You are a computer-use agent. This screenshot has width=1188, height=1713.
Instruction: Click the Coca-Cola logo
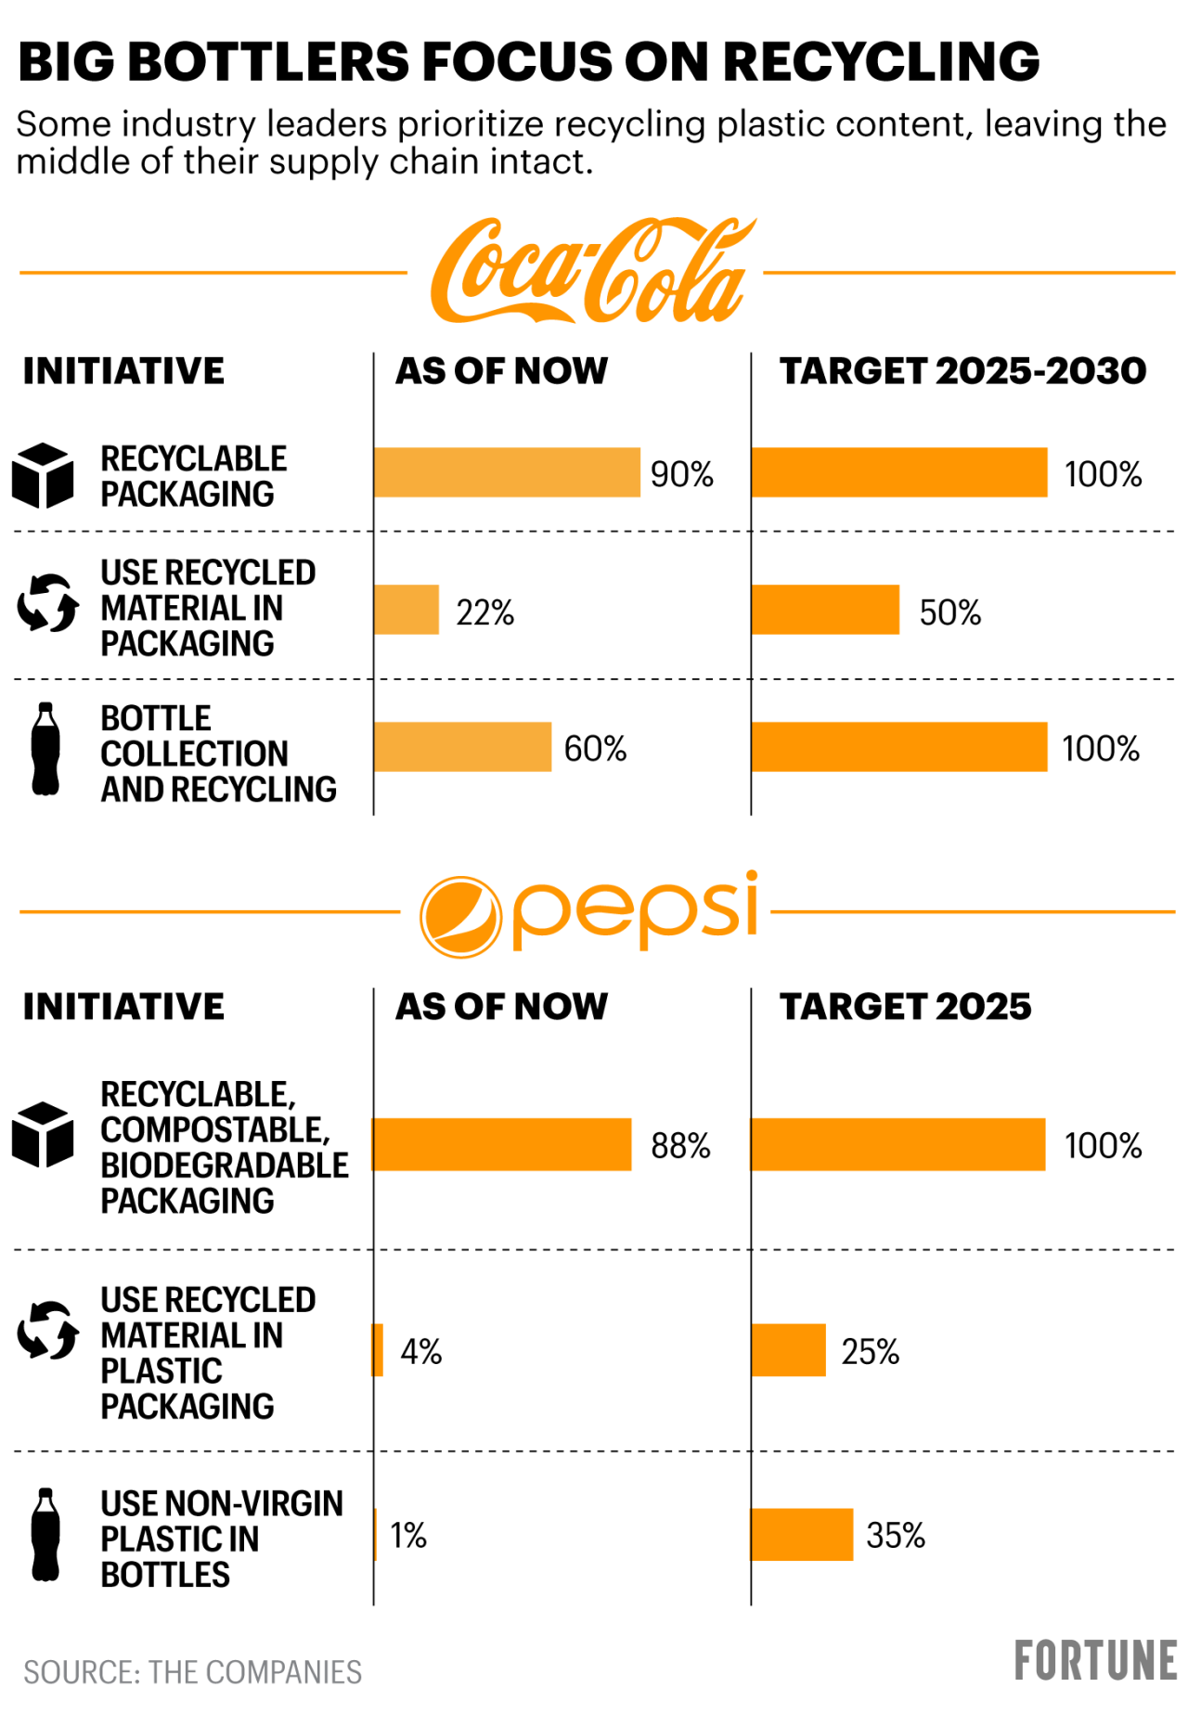pos(590,271)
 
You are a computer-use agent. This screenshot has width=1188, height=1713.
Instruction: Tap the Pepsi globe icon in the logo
pos(460,917)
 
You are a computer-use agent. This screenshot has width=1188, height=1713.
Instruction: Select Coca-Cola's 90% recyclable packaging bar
pos(507,472)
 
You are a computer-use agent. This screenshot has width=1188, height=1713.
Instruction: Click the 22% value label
pos(484,612)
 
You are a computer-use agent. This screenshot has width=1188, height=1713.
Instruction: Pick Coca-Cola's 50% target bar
pos(825,610)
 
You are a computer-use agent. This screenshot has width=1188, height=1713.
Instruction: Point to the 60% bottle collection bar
pos(462,747)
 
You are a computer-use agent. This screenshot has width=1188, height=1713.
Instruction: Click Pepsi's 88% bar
pos(502,1144)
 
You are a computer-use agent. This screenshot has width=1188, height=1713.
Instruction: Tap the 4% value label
pos(420,1352)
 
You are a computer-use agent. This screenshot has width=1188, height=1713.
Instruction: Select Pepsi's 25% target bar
pos(788,1350)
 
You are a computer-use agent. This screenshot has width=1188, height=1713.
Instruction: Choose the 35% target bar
pos(802,1535)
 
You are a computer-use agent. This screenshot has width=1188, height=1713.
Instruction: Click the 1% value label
pos(408,1536)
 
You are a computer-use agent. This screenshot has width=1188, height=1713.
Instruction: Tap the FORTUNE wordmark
pos(1095,1661)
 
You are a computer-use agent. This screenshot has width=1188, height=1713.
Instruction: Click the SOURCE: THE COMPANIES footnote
pos(192,1672)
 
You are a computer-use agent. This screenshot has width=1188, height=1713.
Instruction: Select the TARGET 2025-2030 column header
pos(962,371)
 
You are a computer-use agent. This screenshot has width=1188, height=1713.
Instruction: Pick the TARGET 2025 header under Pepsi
pos(905,1007)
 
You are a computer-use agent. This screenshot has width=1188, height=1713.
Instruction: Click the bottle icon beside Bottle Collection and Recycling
pos(45,749)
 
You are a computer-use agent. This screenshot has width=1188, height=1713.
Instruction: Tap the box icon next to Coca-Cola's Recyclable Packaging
pos(43,476)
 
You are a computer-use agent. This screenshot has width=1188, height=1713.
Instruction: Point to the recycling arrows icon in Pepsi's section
pos(47,1330)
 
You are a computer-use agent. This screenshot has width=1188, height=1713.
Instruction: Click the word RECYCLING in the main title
pos(881,62)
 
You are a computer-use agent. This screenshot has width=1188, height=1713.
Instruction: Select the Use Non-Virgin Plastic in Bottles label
pos(221,1539)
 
